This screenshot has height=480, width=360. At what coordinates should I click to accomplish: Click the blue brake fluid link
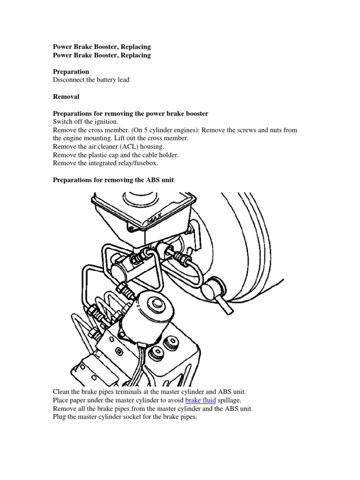point(201,400)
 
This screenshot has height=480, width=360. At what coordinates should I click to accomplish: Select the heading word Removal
point(66,97)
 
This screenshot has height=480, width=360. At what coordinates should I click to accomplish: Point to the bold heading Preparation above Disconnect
point(71,71)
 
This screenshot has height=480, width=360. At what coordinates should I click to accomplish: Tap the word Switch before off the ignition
point(63,121)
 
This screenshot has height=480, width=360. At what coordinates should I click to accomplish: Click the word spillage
point(231,400)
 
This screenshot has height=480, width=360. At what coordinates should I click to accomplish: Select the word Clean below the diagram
point(62,391)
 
